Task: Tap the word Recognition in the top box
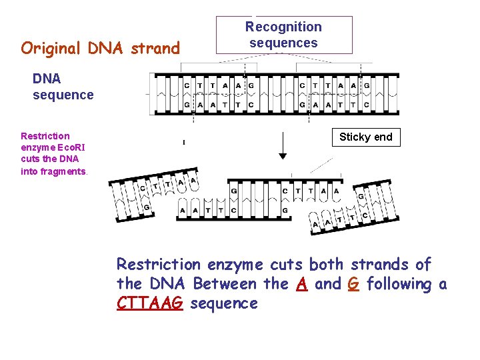tap(283, 27)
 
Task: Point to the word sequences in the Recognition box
tap(283, 43)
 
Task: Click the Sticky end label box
tap(366, 137)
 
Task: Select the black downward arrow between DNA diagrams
tap(283, 145)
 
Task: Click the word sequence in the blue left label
tap(63, 95)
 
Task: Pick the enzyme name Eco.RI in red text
tap(75, 147)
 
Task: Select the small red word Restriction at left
tap(45, 135)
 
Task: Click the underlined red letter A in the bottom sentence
tap(301, 284)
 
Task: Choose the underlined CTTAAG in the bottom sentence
tap(150, 304)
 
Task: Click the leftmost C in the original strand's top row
tap(187, 85)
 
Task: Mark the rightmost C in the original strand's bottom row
tap(366, 105)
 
